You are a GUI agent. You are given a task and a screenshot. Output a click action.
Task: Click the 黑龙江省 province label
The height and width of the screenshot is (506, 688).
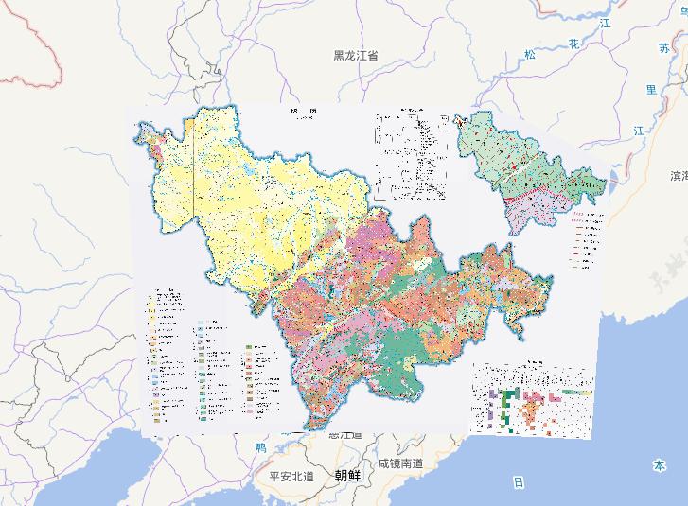(356, 56)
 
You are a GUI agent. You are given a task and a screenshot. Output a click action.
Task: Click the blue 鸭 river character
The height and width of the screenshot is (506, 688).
(261, 447)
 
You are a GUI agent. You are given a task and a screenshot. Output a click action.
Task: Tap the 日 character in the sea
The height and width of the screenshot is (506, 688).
(518, 482)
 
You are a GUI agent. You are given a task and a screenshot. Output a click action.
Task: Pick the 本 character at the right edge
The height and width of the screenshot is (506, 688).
(659, 465)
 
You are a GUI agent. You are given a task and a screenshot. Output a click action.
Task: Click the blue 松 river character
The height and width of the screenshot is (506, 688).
(530, 54)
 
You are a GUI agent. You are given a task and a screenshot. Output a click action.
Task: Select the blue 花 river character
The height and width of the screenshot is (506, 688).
(573, 44)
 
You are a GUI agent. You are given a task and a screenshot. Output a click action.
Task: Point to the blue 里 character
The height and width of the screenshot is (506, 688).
(651, 89)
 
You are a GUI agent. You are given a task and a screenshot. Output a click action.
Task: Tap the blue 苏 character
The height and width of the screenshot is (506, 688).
(662, 46)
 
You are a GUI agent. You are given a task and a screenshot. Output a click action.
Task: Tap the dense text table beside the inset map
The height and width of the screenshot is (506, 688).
(412, 156)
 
